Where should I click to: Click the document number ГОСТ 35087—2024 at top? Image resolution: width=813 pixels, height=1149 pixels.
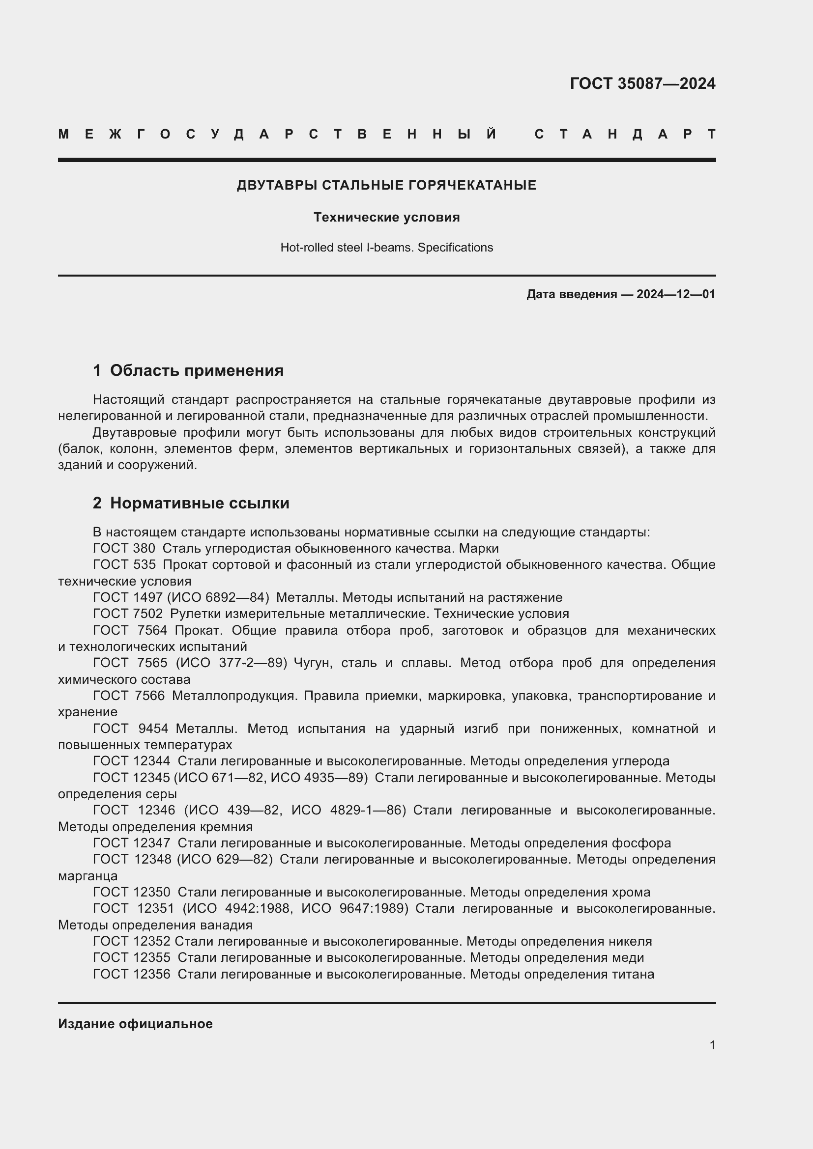pyautogui.click(x=642, y=84)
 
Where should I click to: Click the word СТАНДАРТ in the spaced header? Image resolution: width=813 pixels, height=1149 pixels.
pyautogui.click(x=625, y=134)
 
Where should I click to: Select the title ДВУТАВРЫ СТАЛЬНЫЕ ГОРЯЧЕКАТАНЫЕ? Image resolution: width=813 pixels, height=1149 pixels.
pyautogui.click(x=386, y=185)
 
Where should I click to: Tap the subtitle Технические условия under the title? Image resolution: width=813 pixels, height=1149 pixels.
pyautogui.click(x=386, y=217)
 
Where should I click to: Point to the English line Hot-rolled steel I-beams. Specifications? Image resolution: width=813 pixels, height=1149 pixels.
pyautogui.click(x=386, y=247)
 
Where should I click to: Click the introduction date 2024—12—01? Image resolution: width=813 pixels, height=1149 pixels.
pyautogui.click(x=676, y=294)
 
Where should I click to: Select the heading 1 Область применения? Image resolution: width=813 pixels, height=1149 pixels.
pyautogui.click(x=188, y=370)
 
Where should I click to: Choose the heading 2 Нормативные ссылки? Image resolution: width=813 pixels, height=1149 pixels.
pyautogui.click(x=191, y=503)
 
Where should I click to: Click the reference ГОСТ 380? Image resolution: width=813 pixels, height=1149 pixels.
pyautogui.click(x=124, y=549)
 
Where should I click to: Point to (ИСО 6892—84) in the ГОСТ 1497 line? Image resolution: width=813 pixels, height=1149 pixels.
pyautogui.click(x=218, y=597)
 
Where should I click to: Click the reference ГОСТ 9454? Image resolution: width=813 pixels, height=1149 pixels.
pyautogui.click(x=130, y=729)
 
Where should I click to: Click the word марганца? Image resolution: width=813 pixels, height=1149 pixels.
pyautogui.click(x=87, y=876)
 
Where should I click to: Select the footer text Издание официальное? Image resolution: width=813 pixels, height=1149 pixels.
pyautogui.click(x=135, y=1024)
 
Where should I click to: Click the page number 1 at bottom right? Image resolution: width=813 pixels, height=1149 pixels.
pyautogui.click(x=712, y=1045)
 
